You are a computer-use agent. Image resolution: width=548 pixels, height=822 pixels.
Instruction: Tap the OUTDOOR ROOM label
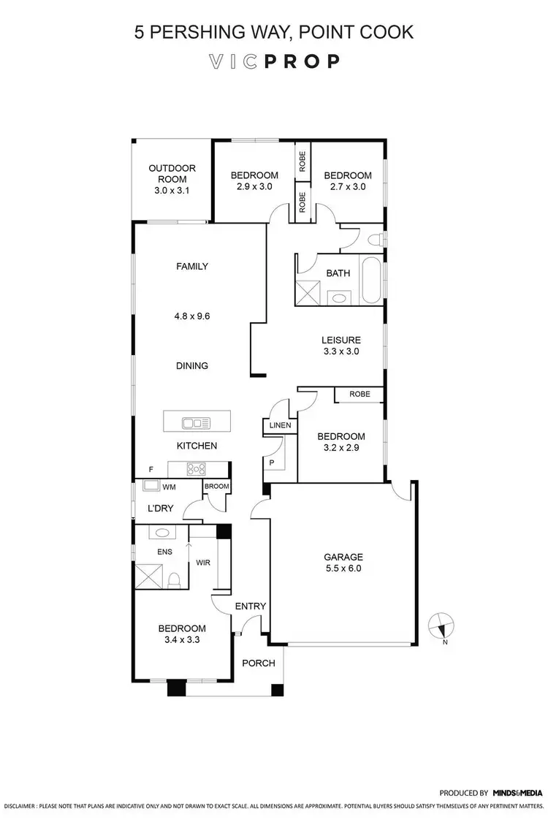[x=172, y=173]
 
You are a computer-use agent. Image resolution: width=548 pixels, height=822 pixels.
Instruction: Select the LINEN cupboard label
[x=280, y=425]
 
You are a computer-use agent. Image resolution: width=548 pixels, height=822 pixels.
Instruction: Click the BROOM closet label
[x=216, y=487]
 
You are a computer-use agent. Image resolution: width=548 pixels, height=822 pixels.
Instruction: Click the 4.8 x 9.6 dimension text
[x=192, y=316]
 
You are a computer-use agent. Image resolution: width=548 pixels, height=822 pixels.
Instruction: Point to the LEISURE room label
[x=341, y=340]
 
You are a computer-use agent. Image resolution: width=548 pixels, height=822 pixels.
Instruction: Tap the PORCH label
[x=259, y=663]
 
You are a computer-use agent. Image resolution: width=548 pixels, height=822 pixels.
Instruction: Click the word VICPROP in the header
[x=273, y=61]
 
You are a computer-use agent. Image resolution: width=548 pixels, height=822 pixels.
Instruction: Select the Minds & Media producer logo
[x=517, y=792]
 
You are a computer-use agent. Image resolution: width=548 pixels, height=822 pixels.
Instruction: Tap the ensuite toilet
[x=174, y=579]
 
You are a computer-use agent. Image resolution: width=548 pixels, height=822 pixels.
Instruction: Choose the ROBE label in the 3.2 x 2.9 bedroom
[x=359, y=394]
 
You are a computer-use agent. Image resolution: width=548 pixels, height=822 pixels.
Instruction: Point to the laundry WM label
[x=169, y=486]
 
